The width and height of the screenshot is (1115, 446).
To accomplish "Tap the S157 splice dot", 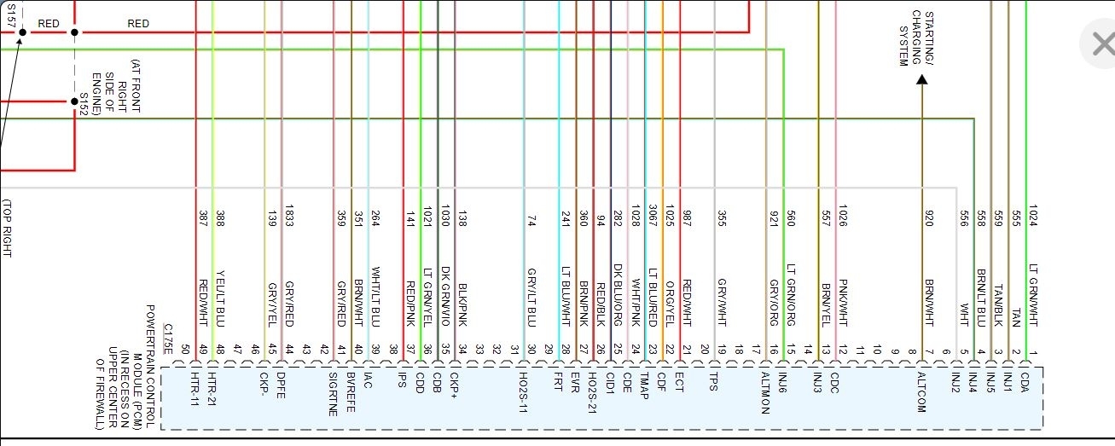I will (x=23, y=32).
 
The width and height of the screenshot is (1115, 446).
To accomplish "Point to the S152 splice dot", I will (x=74, y=101).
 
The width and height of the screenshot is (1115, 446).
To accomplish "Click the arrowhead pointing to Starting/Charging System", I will (x=921, y=79).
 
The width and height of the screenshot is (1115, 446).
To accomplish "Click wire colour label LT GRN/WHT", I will (x=1033, y=295).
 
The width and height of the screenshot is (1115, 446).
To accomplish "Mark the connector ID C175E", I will (x=168, y=339).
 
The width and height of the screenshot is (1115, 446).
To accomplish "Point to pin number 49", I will (x=202, y=348).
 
